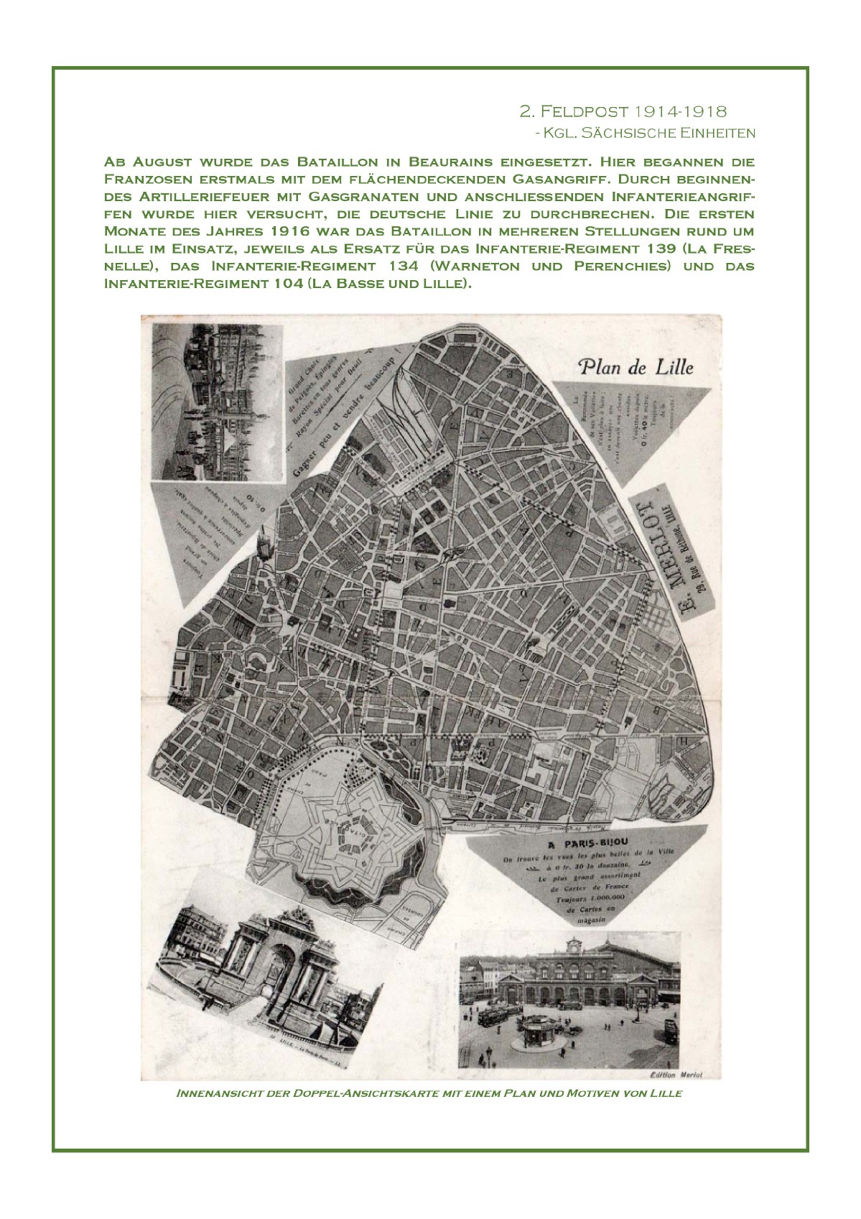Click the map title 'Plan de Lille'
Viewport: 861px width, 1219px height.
click(636, 367)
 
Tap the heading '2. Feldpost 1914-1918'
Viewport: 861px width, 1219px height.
click(623, 111)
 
